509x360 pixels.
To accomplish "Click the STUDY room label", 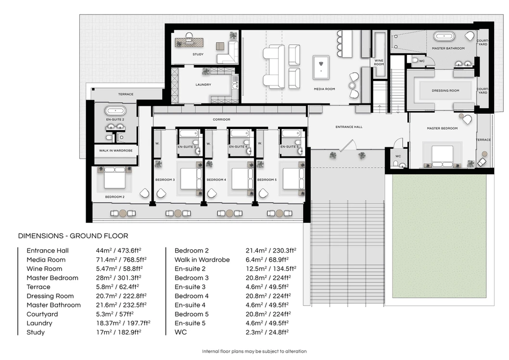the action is [198, 54].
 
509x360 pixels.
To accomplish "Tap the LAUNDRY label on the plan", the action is [203, 85].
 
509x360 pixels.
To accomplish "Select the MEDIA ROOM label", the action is [324, 89].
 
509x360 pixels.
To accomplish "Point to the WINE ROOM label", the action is [379, 63].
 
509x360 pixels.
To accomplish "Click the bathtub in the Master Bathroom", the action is [445, 37].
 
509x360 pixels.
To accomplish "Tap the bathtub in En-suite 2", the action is [115, 111].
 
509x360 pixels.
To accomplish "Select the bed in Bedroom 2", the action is [115, 178].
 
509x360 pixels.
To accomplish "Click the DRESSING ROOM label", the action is [445, 90].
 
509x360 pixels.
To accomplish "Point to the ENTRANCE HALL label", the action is [349, 127].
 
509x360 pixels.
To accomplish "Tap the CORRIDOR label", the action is [222, 119].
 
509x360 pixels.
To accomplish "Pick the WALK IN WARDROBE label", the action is [116, 151].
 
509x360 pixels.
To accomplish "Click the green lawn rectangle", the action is [439, 236].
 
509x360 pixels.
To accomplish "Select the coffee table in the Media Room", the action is [321, 67].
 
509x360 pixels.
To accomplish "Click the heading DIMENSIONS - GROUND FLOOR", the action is [73, 236].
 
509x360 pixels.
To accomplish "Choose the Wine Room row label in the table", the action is [44, 269].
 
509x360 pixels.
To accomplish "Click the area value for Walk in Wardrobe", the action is [267, 260].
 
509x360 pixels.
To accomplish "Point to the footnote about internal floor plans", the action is [254, 351].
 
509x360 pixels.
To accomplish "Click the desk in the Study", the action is [189, 42].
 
